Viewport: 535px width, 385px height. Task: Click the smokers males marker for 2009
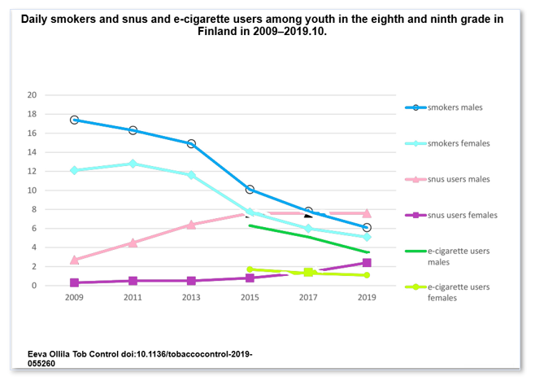75,120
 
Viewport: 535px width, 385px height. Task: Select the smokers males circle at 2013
191,143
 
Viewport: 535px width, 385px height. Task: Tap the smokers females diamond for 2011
133,164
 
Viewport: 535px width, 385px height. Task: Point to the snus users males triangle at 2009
75,260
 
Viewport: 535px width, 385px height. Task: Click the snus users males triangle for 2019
367,212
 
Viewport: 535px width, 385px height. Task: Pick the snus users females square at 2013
191,281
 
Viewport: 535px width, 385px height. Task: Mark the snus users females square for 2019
367,263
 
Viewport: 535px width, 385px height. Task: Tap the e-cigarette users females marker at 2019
367,275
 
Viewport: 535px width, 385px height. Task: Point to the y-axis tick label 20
55,95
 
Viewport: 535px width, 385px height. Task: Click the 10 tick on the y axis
55,190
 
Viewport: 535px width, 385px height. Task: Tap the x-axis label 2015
250,299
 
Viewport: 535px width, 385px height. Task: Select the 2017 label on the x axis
308,299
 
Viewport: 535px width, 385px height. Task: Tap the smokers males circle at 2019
367,227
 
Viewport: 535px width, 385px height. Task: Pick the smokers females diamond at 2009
75,170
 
